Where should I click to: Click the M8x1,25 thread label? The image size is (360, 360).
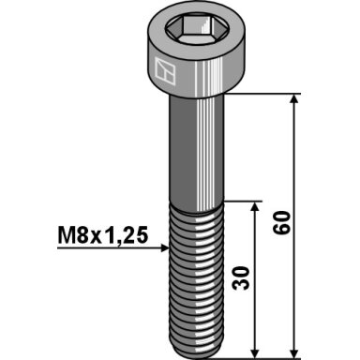(x=102, y=235)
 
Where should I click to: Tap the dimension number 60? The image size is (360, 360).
(x=281, y=222)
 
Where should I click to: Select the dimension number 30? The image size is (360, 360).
(x=242, y=278)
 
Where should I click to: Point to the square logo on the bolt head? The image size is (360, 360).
(x=165, y=70)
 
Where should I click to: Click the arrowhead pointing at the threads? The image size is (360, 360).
(x=165, y=248)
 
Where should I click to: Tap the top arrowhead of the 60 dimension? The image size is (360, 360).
(x=293, y=98)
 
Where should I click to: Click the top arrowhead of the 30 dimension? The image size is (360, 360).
(x=255, y=206)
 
